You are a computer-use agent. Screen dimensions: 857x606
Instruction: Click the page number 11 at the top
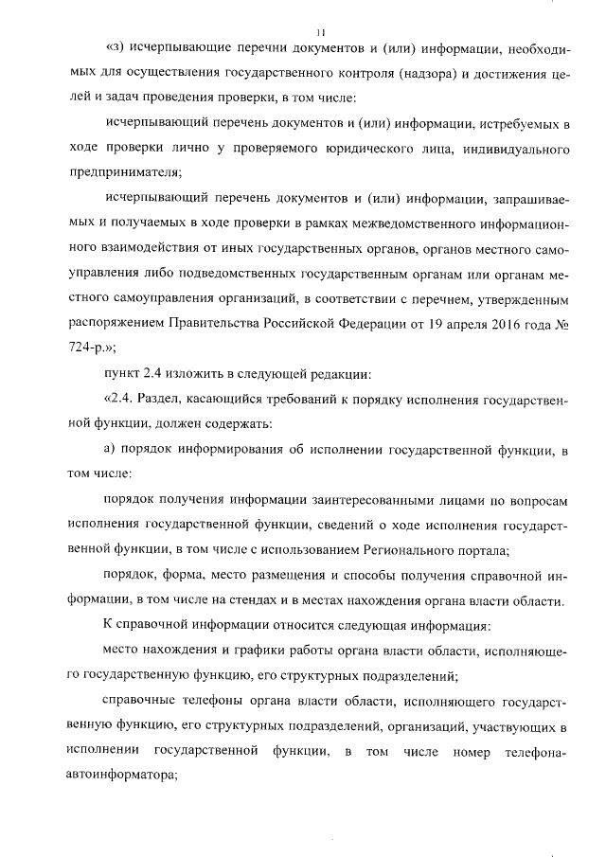point(320,32)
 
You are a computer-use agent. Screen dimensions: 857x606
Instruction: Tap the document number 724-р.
point(85,348)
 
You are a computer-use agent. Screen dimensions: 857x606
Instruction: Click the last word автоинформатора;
point(123,774)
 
